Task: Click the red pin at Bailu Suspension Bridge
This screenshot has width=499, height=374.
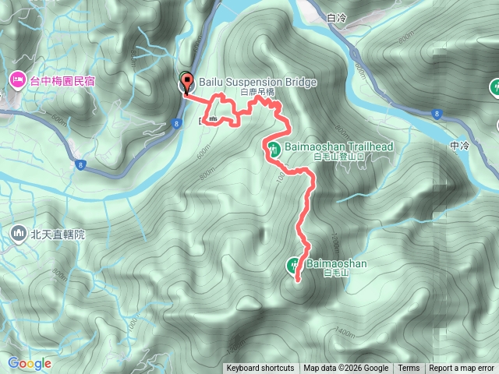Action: (x=186, y=82)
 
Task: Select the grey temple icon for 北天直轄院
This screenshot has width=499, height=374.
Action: (x=18, y=233)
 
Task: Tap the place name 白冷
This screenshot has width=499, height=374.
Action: (x=337, y=18)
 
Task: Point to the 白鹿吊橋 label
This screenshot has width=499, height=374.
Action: (x=257, y=92)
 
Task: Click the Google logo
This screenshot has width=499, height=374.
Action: (x=30, y=363)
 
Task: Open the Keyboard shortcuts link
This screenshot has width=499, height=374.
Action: (x=260, y=369)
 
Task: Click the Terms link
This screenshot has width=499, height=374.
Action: (x=409, y=369)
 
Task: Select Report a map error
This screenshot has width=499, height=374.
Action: (x=462, y=369)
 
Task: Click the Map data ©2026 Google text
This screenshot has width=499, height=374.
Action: (x=346, y=369)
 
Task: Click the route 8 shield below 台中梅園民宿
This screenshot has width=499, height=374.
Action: (x=80, y=164)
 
